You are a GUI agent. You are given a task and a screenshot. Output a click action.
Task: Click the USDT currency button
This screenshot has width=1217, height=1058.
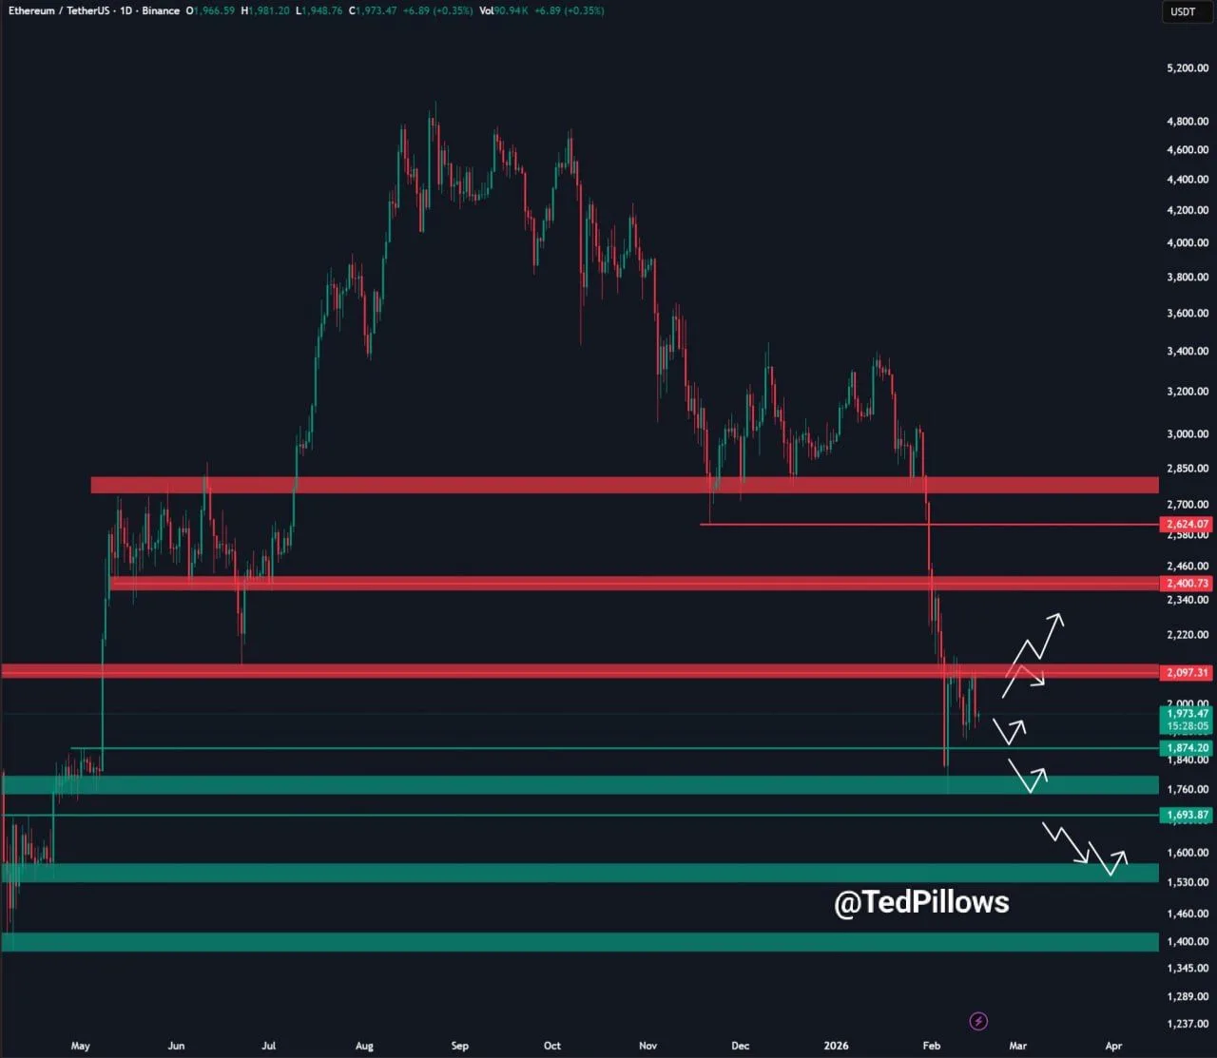1183,11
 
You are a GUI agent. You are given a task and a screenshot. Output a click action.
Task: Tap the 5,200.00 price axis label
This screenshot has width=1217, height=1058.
1188,68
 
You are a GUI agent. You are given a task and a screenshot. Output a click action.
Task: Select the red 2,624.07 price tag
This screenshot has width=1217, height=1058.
1188,524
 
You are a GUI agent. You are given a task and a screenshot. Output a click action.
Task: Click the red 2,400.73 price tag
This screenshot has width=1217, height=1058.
1188,583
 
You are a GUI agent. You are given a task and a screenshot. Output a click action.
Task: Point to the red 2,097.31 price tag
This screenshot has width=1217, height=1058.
1188,672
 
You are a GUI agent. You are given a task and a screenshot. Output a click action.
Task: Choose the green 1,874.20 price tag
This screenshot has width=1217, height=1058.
1188,748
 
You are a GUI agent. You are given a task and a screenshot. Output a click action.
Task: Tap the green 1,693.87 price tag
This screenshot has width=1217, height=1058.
1188,815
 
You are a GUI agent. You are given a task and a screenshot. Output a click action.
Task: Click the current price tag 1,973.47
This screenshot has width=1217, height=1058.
1188,714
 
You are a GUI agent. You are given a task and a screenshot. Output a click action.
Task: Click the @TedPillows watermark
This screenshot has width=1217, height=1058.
921,902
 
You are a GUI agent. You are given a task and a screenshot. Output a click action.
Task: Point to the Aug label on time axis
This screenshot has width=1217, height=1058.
364,1046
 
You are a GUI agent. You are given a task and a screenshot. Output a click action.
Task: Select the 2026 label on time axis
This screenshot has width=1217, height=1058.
836,1046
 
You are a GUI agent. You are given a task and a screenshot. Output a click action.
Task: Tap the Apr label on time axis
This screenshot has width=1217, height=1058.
1113,1046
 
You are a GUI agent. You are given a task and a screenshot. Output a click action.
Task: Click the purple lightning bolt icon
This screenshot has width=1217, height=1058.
978,1021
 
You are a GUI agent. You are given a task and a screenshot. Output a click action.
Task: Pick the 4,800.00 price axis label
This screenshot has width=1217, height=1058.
1188,122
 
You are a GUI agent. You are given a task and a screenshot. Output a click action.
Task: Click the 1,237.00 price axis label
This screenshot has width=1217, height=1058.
1188,1024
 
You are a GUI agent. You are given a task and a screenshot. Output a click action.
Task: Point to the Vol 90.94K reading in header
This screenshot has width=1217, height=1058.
504,10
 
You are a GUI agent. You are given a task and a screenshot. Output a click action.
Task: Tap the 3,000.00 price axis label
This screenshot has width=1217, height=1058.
1188,434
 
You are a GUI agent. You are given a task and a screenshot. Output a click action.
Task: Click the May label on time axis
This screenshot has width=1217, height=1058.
81,1046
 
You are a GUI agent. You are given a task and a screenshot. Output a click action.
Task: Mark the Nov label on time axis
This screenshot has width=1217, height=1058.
647,1046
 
